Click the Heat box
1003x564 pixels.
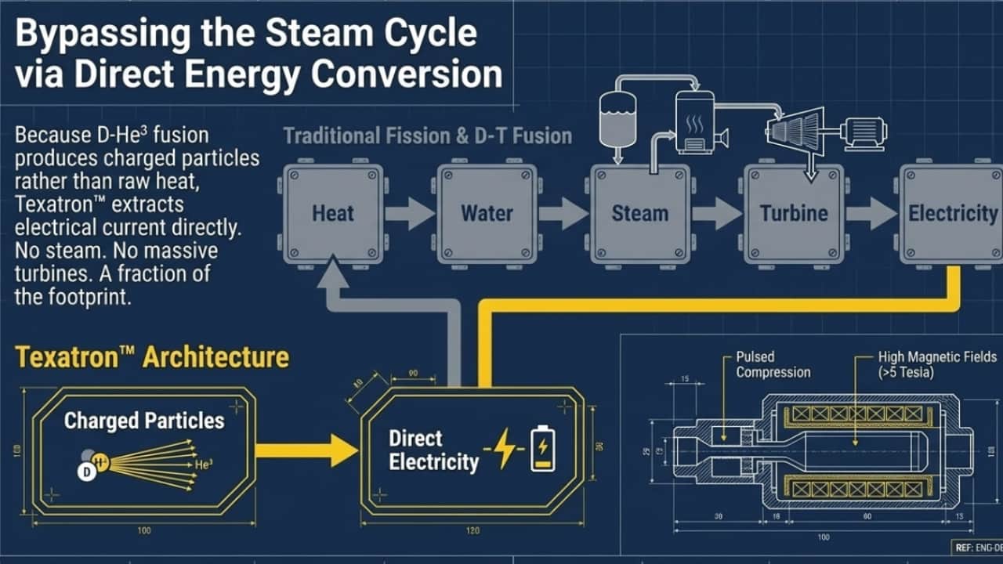click(334, 212)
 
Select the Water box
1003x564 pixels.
click(486, 212)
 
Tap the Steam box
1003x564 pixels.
click(639, 212)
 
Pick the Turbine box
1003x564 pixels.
click(794, 212)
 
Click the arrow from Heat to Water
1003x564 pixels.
click(410, 213)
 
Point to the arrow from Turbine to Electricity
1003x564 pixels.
click(871, 213)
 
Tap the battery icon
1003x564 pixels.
click(541, 450)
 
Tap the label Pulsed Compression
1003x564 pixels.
click(773, 365)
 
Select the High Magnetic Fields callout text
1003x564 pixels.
click(937, 365)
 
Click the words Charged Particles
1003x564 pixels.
click(144, 421)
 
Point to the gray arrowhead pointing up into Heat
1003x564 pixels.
click(334, 274)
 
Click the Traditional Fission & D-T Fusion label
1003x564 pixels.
click(428, 136)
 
